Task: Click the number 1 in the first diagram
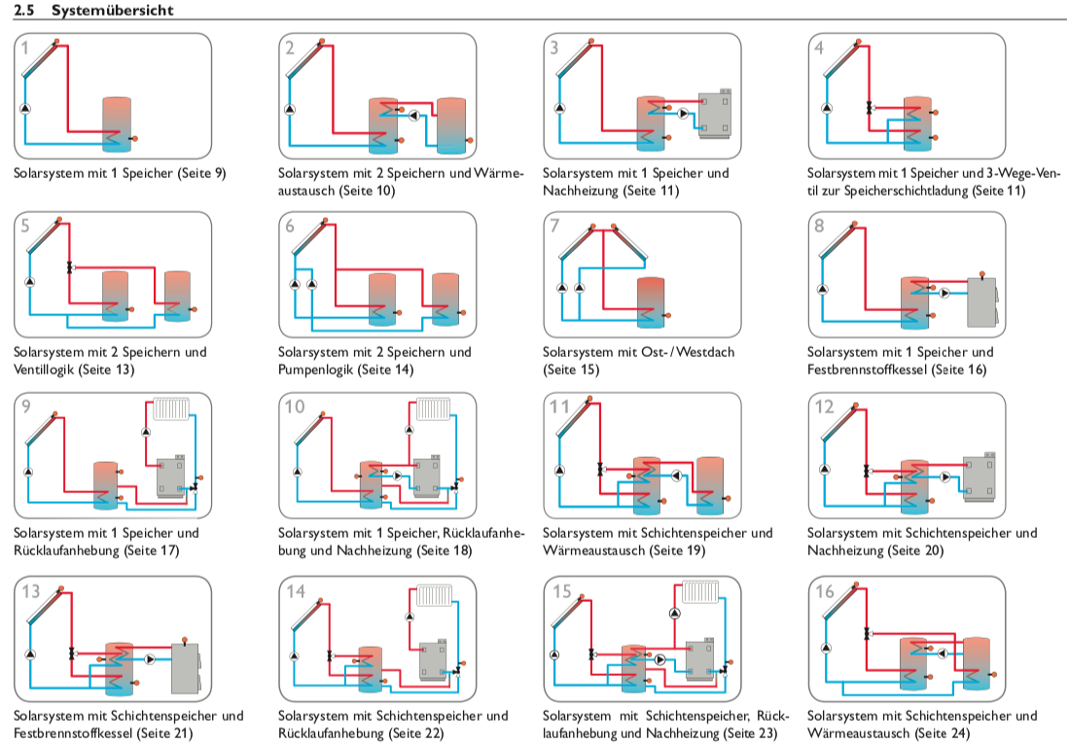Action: click(x=25, y=48)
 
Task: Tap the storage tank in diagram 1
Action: click(x=117, y=124)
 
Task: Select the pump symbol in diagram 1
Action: click(x=25, y=108)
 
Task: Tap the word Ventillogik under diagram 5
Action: click(x=45, y=370)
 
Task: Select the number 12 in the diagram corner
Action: click(x=825, y=407)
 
